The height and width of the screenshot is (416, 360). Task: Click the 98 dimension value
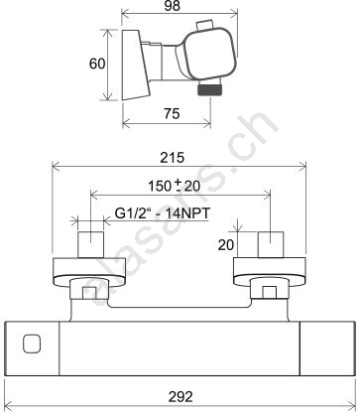click(x=172, y=6)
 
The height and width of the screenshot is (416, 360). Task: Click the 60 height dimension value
click(x=97, y=64)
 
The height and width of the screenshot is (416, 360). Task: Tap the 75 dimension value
click(x=172, y=113)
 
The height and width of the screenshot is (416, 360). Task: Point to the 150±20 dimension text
click(x=174, y=186)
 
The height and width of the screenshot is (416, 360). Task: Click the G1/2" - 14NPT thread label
click(x=163, y=213)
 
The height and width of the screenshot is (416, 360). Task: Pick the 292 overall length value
click(x=180, y=396)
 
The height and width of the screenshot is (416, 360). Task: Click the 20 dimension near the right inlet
click(x=226, y=245)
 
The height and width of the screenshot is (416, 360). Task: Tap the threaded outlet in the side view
click(x=209, y=89)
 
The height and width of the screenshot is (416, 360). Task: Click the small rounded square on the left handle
click(x=32, y=344)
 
